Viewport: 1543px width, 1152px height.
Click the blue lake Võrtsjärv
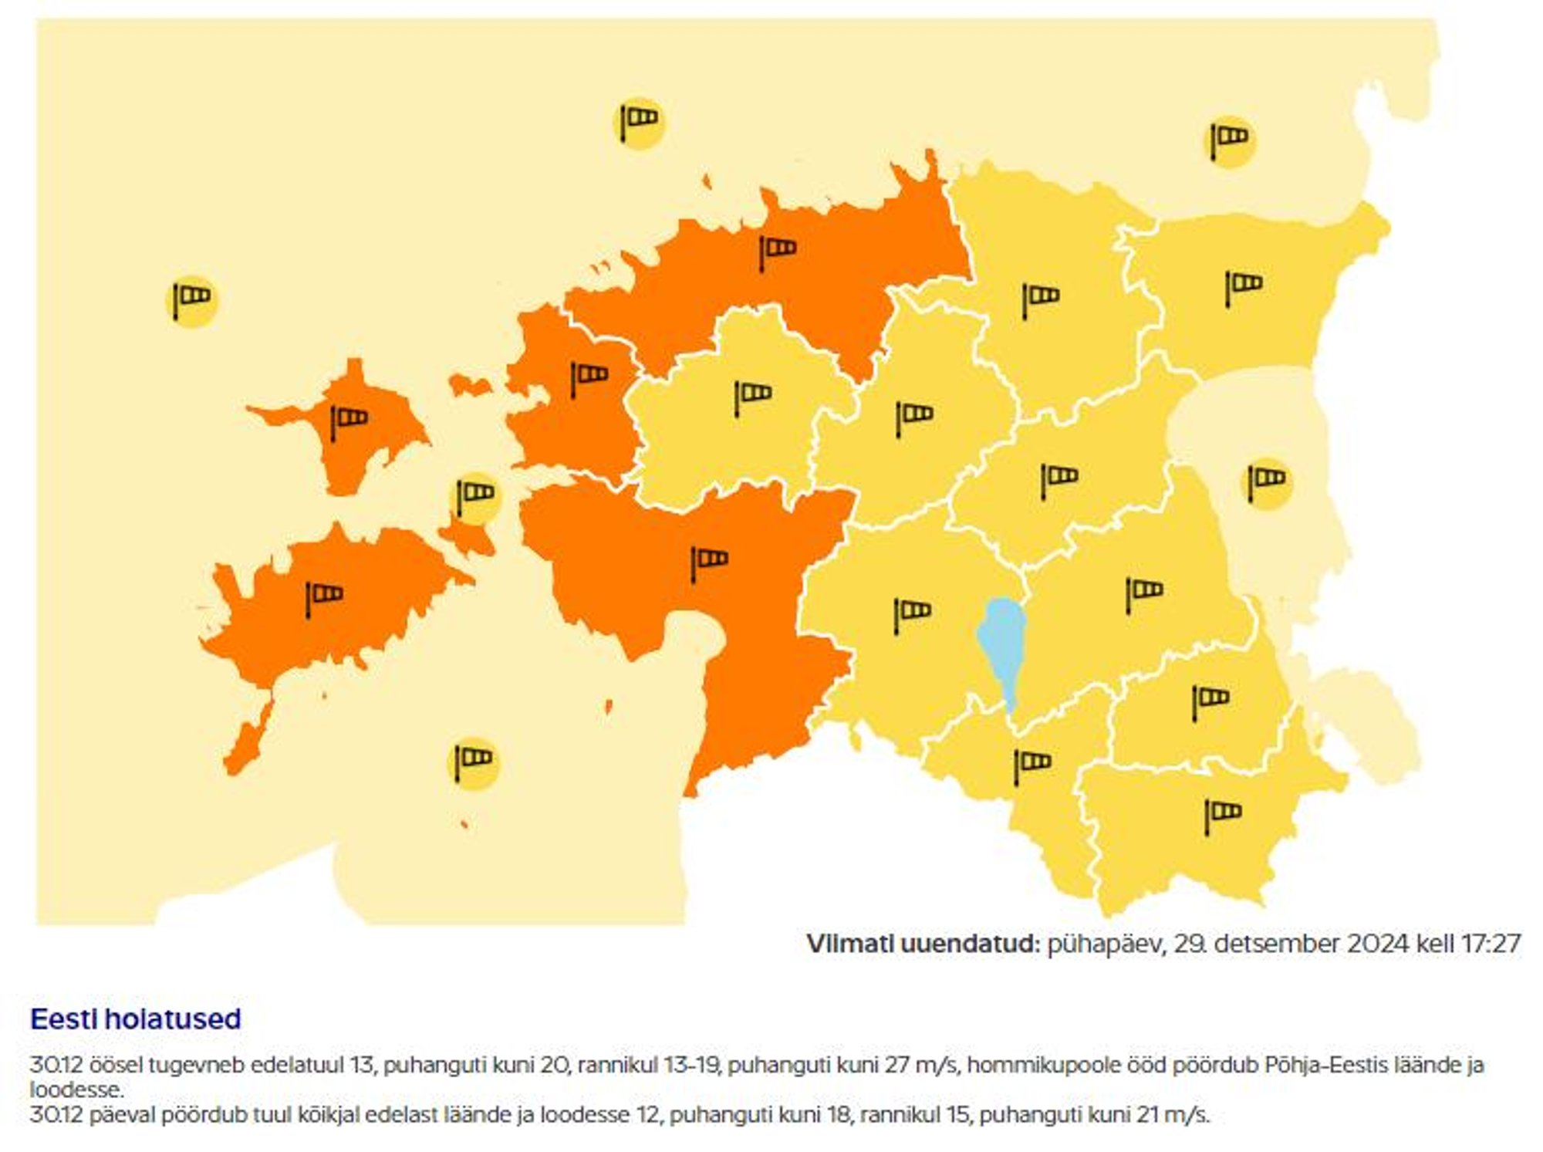point(1002,645)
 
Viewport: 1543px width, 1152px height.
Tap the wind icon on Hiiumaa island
point(349,421)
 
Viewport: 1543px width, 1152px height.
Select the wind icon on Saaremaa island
point(324,597)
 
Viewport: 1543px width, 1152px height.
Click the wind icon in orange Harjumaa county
point(777,251)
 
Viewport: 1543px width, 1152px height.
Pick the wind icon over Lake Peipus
point(1266,483)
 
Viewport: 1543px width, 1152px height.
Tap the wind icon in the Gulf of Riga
point(473,761)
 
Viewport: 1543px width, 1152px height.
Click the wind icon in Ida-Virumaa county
point(1243,286)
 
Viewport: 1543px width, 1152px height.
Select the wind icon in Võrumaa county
point(1223,815)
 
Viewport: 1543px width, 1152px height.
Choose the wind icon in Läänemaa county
point(589,377)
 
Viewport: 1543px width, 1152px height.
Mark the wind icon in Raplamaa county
point(753,396)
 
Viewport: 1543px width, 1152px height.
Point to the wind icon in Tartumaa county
point(1144,593)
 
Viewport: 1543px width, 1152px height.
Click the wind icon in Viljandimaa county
point(912,614)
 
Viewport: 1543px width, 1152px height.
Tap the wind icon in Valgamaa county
point(1031,765)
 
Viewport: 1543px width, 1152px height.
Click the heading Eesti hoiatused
point(136,1019)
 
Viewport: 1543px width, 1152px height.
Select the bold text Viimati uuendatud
point(923,944)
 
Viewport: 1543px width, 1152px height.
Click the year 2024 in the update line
point(1378,944)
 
